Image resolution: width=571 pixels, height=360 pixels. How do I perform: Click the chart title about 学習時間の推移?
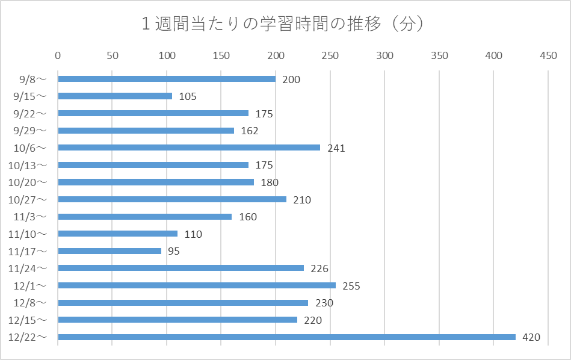285,24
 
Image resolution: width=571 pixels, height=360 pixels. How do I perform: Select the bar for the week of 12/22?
286,337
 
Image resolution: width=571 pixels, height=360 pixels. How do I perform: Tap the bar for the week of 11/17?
110,251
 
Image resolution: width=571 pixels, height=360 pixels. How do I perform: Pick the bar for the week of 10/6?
189,147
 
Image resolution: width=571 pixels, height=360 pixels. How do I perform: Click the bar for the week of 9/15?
115,96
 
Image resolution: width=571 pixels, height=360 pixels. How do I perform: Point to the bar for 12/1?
197,285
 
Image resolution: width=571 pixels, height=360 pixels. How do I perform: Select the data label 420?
531,338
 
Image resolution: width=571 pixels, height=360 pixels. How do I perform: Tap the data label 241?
336,148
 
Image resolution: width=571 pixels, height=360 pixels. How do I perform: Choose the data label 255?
351,286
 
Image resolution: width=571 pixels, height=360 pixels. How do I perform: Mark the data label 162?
249,131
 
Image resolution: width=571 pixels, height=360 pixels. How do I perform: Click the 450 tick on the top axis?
548,56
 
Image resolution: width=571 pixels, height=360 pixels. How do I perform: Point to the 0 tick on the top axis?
58,56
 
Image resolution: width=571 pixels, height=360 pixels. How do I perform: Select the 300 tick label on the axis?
384,56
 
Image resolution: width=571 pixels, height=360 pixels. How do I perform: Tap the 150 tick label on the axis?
221,56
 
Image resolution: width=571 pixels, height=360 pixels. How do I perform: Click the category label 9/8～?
33,79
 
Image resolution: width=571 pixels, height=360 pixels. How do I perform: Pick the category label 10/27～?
31,199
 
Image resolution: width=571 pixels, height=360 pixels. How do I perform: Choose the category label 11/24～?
31,268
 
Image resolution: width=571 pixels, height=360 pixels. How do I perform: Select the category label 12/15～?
31,320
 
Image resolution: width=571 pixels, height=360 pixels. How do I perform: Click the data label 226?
319,268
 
